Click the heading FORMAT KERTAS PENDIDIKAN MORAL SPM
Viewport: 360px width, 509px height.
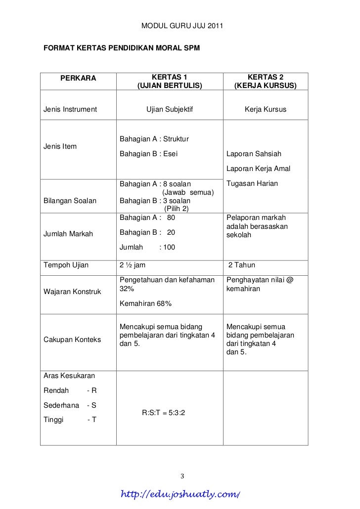[122, 49]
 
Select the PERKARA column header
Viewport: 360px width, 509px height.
[78, 78]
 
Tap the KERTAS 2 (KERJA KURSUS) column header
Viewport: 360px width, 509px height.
[266, 82]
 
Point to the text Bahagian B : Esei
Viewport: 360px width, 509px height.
[148, 154]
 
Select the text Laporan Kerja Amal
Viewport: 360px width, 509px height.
[258, 169]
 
